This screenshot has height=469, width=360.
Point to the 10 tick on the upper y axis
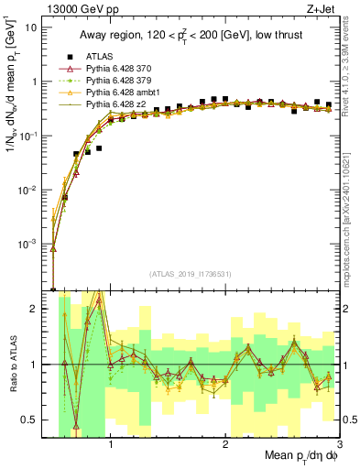click(x=30, y=27)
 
